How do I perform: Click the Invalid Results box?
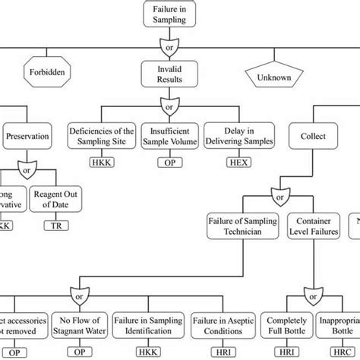point(168,75)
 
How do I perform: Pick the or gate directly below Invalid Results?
point(168,103)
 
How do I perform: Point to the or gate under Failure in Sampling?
point(168,46)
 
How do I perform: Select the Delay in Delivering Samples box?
point(232,136)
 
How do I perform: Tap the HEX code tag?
point(232,163)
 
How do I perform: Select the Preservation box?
point(28,137)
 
